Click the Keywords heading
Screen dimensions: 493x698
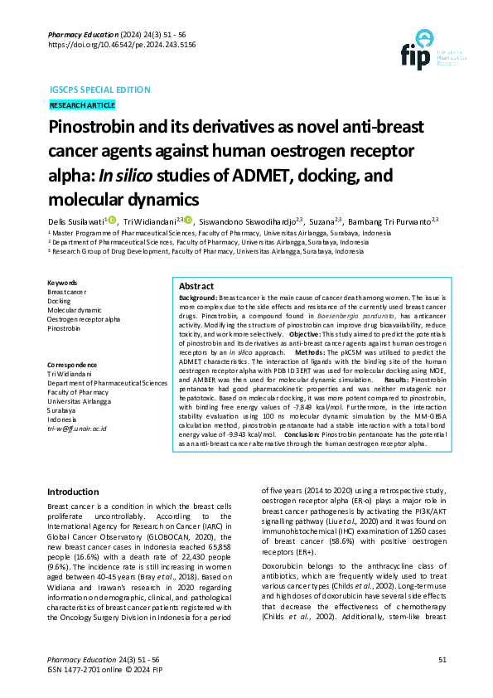[x=62, y=283]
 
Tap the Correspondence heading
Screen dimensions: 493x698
[x=72, y=365]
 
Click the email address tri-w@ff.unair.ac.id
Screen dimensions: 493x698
[x=77, y=429]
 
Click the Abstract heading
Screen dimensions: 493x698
[x=196, y=286]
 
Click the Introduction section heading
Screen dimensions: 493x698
[x=74, y=492]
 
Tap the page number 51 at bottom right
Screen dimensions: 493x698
[x=442, y=659]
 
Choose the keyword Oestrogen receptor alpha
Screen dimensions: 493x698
[x=84, y=319]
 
